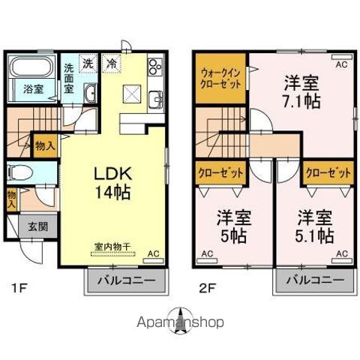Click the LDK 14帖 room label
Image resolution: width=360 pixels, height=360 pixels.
click(112, 182)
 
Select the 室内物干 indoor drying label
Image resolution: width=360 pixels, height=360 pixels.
click(112, 246)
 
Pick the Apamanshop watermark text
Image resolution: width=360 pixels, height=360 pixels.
click(180, 322)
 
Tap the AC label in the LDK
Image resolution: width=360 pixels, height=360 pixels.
click(153, 253)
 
